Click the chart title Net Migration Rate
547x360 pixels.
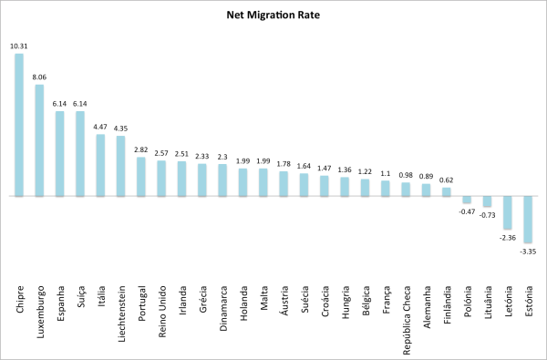click(x=273, y=15)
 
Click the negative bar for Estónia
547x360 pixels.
click(x=528, y=218)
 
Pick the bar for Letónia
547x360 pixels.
click(x=508, y=211)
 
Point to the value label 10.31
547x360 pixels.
click(x=19, y=46)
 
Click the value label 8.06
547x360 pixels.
click(x=39, y=77)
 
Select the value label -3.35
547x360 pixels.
click(x=528, y=249)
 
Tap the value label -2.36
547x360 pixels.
click(x=508, y=236)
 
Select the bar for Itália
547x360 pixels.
click(x=100, y=165)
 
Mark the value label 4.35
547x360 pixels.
click(x=121, y=129)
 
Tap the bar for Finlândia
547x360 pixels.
click(x=447, y=191)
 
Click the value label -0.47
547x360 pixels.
click(x=467, y=211)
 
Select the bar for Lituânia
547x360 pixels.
click(x=487, y=201)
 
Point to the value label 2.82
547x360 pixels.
click(x=141, y=149)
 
